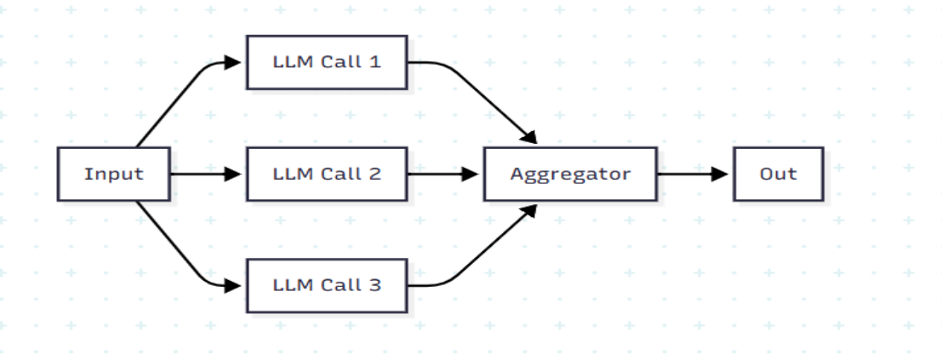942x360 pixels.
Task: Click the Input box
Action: click(114, 174)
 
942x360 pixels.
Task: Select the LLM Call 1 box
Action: click(327, 62)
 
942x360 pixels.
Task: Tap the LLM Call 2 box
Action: click(327, 174)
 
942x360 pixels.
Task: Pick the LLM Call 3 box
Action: click(327, 284)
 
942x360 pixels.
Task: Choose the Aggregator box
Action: click(570, 174)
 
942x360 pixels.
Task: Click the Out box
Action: click(778, 174)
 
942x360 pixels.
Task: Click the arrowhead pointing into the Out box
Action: click(722, 174)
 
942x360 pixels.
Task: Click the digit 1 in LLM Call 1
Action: click(375, 62)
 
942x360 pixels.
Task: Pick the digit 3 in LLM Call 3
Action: click(375, 284)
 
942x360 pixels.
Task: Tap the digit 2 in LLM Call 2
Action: click(375, 174)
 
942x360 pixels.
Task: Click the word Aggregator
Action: click(570, 174)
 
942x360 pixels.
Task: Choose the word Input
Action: click(114, 174)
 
